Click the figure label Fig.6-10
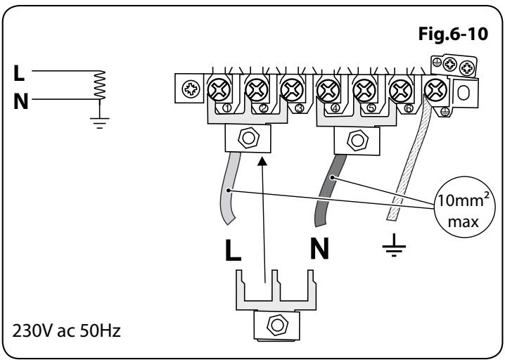(x=452, y=34)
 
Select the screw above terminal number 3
(x=290, y=89)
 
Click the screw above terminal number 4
(x=327, y=89)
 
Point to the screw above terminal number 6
(x=402, y=89)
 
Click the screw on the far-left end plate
(x=190, y=89)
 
